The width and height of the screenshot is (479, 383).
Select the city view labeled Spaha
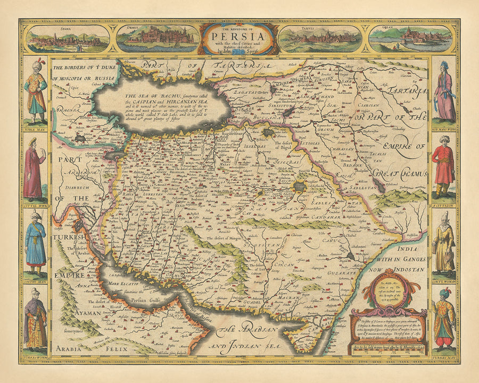click(68, 38)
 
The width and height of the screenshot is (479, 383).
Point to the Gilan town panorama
click(411, 38)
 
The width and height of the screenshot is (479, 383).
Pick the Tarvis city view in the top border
click(319, 38)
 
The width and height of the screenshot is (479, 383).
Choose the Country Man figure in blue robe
click(36, 242)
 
